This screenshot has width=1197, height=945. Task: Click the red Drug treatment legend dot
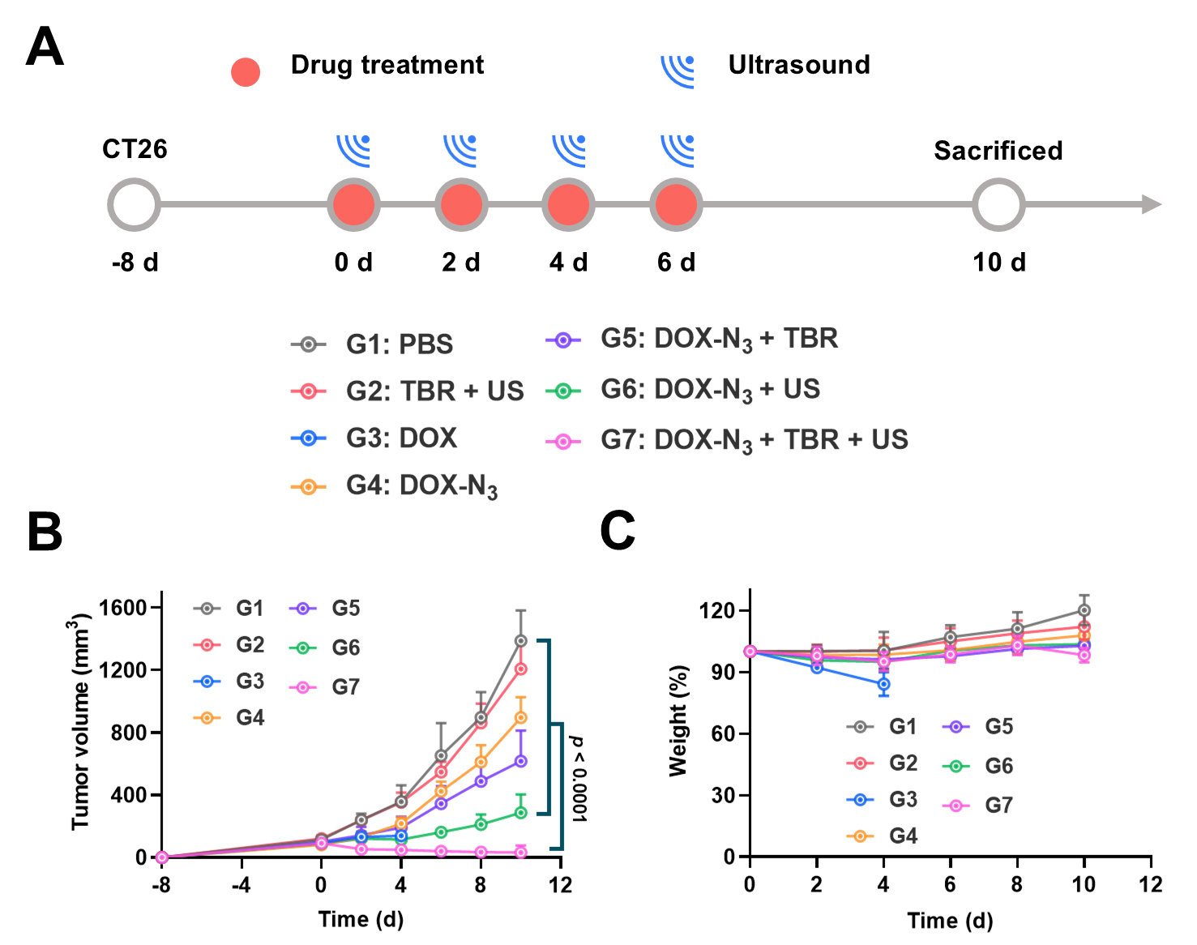click(246, 72)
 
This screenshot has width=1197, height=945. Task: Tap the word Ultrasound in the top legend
click(798, 65)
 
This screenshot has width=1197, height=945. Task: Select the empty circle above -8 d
click(134, 205)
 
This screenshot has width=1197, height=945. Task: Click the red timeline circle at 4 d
click(568, 205)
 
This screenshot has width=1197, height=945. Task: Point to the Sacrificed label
click(998, 151)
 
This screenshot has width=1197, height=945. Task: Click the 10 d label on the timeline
click(998, 263)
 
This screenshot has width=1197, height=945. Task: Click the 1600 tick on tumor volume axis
click(122, 608)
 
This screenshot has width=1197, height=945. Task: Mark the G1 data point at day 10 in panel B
click(520, 641)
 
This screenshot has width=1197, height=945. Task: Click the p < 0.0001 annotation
click(579, 779)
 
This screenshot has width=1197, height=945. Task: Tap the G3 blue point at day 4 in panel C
click(883, 684)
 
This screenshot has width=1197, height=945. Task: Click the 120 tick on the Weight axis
click(716, 610)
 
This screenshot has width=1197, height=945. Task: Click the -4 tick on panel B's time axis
click(241, 884)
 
